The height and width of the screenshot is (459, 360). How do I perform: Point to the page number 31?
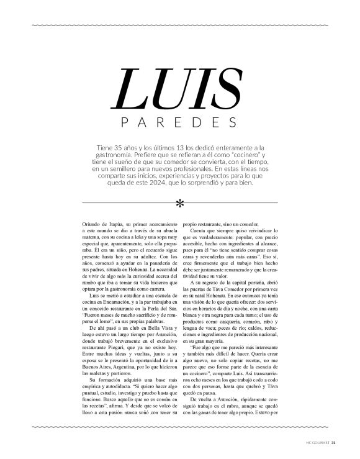click(x=333, y=443)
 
